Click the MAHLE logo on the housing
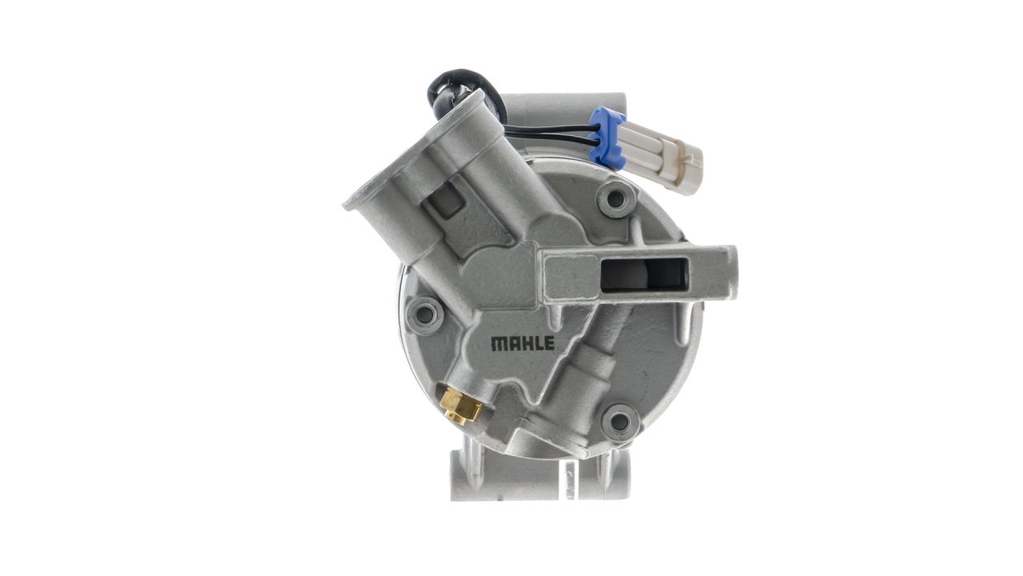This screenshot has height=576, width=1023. (x=523, y=343)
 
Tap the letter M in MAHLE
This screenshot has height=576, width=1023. (x=498, y=344)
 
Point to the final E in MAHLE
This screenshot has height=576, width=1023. (x=550, y=343)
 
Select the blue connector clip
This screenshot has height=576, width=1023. (x=607, y=137)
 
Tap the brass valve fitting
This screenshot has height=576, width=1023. (x=460, y=406)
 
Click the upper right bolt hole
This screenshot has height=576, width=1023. (x=616, y=198)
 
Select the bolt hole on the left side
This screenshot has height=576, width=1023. (x=424, y=314)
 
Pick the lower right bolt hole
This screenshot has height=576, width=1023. (x=619, y=422)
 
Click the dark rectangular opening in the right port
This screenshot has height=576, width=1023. (x=644, y=274)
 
